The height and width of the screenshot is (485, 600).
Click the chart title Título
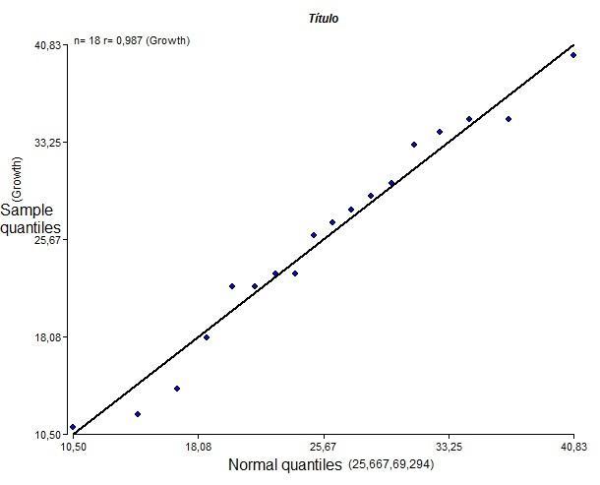[x=325, y=18]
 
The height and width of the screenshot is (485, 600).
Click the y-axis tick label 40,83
[x=48, y=45]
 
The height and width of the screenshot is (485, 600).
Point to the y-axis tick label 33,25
[x=48, y=143]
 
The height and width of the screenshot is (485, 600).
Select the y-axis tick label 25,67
[x=48, y=240]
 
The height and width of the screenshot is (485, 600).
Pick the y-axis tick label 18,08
[x=48, y=337]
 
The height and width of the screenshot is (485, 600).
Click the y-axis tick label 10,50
[x=48, y=434]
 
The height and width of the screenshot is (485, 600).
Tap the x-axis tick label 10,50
[x=73, y=447]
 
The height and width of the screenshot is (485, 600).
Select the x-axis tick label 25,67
[x=323, y=447]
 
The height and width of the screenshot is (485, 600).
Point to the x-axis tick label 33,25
[x=449, y=447]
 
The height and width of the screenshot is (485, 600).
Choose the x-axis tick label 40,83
[x=573, y=447]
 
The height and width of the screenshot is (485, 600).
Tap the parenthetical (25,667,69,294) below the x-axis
[x=391, y=465]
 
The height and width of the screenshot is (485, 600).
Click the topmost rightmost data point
[x=573, y=55]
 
